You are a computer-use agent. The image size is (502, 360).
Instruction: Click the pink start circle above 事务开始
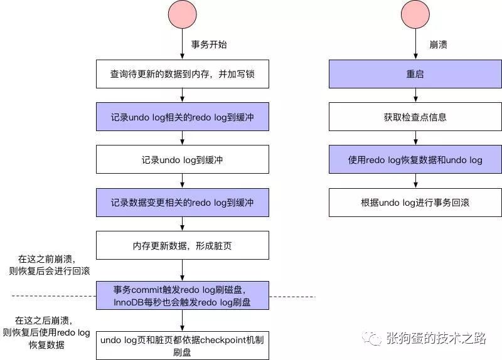pos(182,16)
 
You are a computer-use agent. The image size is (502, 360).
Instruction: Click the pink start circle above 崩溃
pos(415,16)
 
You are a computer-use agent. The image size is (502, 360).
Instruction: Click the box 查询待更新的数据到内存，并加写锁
pos(182,74)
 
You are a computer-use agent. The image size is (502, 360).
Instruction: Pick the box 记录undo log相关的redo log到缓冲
pos(182,117)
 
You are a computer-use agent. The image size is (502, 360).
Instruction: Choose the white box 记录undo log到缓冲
pos(182,159)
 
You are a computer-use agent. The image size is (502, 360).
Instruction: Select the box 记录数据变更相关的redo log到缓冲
pos(182,203)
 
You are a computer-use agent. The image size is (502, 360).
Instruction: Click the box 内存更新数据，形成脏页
pos(182,245)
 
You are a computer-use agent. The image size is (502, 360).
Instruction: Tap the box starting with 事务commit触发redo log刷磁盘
pos(182,295)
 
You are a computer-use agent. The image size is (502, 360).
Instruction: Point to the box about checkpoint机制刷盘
pos(182,346)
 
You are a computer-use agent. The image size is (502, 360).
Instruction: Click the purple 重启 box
pos(415,74)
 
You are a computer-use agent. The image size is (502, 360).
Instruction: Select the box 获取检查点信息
pos(415,117)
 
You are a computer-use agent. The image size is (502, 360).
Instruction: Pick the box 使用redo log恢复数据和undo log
pos(415,159)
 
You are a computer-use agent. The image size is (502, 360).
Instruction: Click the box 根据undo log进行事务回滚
pos(415,203)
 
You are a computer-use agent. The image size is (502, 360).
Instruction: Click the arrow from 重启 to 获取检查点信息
pos(415,95)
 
